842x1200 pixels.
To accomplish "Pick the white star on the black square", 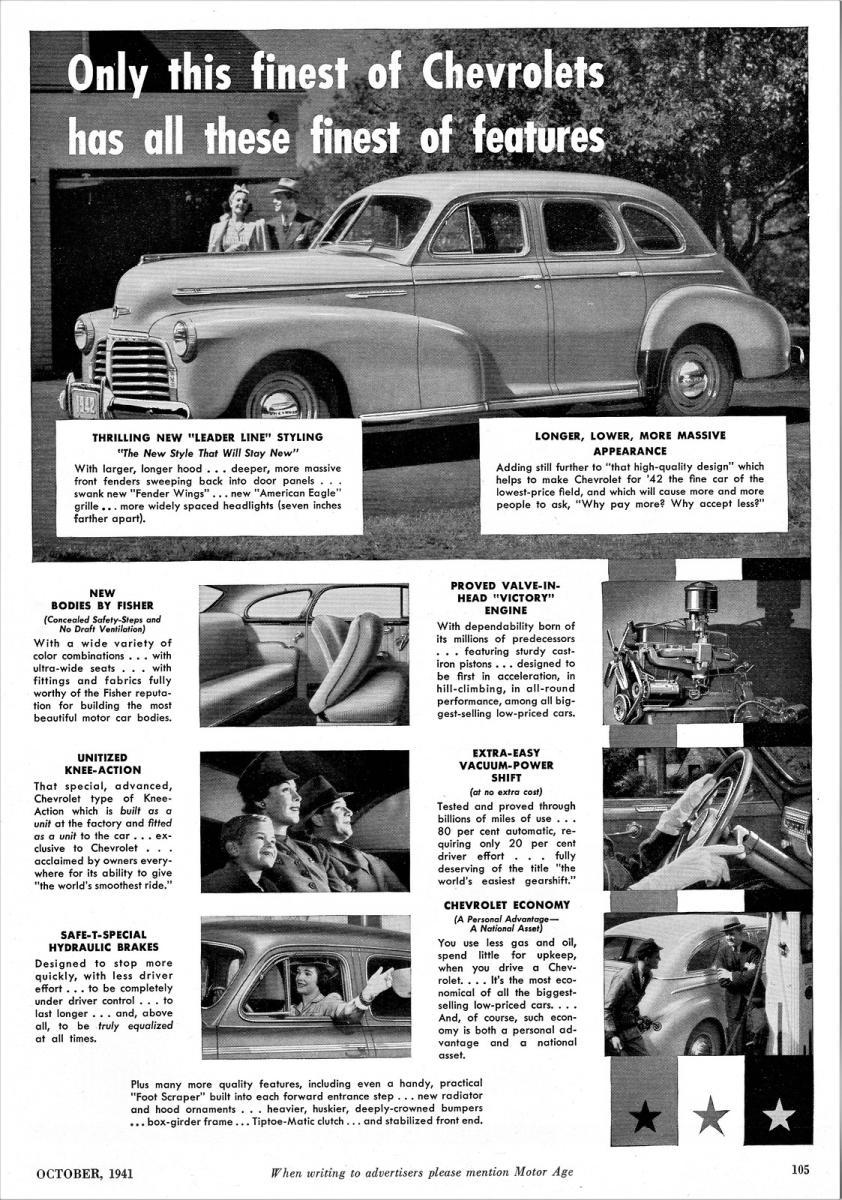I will tap(778, 1114).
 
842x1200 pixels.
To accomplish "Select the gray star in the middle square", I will tap(710, 1114).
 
